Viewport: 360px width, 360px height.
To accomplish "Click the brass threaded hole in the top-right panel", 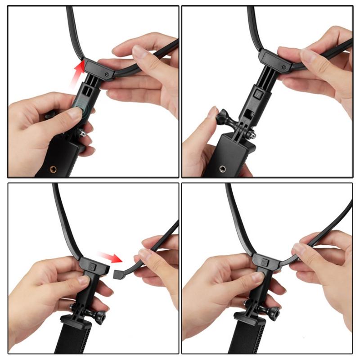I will coord(222,169).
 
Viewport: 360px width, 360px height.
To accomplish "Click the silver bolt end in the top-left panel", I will coord(83,133).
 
